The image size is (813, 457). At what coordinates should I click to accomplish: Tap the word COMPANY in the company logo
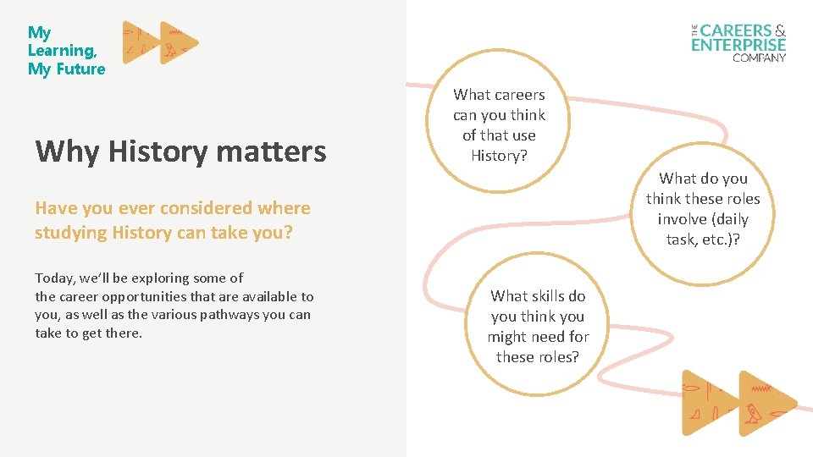[759, 58]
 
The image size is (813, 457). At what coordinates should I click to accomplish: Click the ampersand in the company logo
[780, 30]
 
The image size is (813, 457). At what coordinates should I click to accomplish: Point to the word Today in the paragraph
[53, 278]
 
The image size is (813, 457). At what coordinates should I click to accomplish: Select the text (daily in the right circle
[727, 219]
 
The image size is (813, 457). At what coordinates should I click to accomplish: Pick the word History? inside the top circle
[499, 156]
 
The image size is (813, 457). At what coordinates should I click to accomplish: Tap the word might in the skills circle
[506, 336]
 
